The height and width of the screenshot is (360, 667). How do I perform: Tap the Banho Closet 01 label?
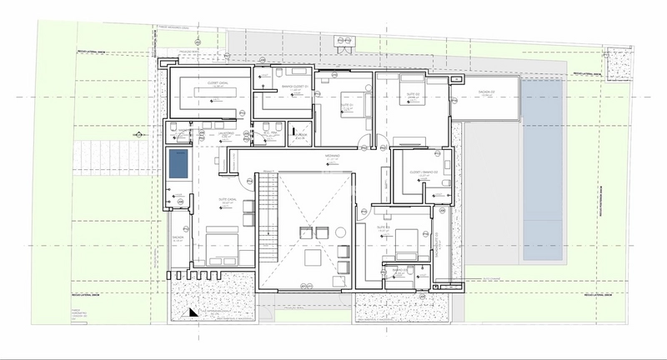click(x=294, y=87)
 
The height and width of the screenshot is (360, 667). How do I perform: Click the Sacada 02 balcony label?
click(x=489, y=92)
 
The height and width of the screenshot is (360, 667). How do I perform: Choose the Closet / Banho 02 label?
click(x=424, y=172)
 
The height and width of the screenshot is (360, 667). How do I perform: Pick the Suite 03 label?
click(x=384, y=226)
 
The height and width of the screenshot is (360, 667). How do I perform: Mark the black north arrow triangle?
click(x=193, y=312)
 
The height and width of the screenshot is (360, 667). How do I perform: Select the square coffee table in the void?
click(x=312, y=259)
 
